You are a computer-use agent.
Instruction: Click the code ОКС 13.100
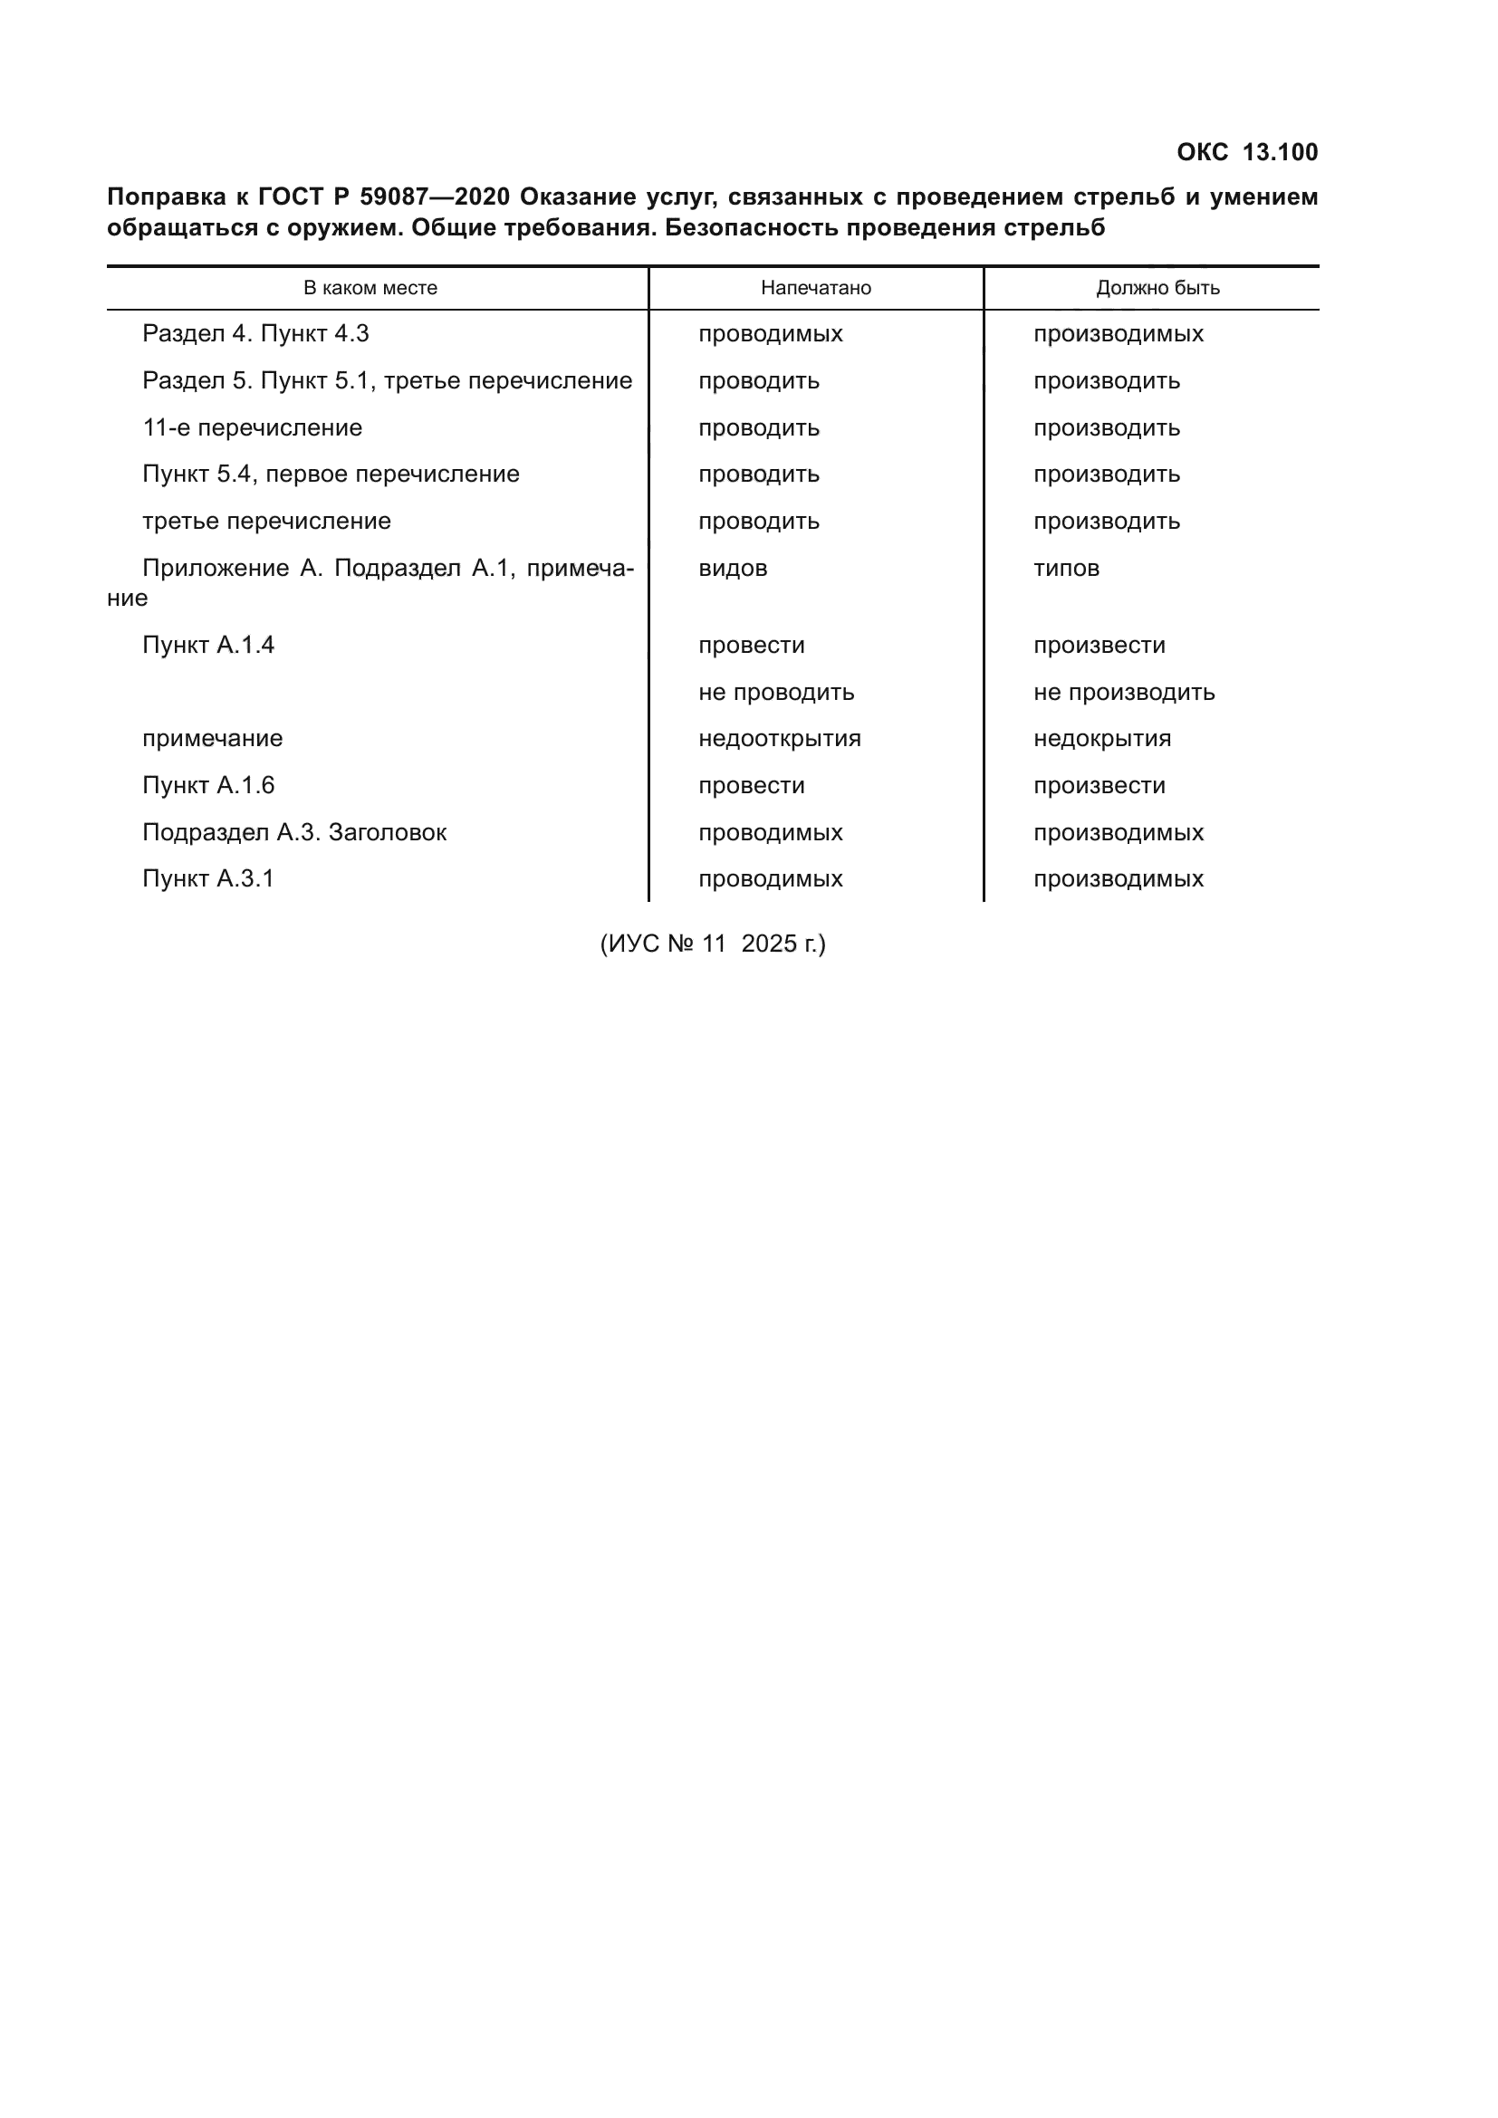[x=1246, y=152]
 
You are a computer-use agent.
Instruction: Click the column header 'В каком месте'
[x=370, y=288]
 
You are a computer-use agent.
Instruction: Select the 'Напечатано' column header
[x=815, y=288]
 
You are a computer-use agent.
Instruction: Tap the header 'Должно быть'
[x=1157, y=288]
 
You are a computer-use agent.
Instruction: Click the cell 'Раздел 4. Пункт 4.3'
[x=255, y=334]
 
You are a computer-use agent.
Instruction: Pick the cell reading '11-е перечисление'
[x=252, y=428]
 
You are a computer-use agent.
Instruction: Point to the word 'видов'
[x=733, y=569]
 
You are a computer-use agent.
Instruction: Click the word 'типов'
[x=1065, y=569]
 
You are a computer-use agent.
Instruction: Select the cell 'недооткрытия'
[x=780, y=739]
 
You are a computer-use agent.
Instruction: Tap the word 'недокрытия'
[x=1101, y=739]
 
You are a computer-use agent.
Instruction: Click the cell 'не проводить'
[x=776, y=692]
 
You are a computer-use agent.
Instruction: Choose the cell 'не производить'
[x=1123, y=692]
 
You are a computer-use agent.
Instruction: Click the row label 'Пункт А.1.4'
[x=208, y=645]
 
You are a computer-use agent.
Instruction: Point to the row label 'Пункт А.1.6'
[x=208, y=785]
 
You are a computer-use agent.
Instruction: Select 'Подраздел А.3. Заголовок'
[x=294, y=832]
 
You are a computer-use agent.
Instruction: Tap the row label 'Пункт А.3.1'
[x=208, y=879]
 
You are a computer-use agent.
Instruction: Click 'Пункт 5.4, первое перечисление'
[x=331, y=474]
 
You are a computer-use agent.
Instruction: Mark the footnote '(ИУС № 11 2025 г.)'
[x=712, y=944]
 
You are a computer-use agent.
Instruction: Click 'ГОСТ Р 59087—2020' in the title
[x=384, y=196]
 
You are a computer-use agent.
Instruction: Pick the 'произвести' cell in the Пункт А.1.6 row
[x=1099, y=785]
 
